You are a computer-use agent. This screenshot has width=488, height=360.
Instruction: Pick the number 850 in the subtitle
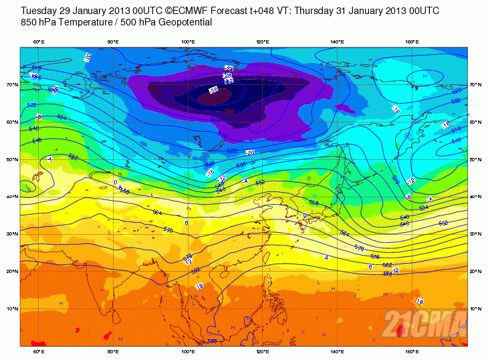[29, 22]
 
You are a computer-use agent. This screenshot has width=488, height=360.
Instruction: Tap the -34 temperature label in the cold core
[213, 90]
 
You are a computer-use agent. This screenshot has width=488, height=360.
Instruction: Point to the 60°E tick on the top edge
[39, 42]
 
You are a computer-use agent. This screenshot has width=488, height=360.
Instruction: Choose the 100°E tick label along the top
[188, 42]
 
